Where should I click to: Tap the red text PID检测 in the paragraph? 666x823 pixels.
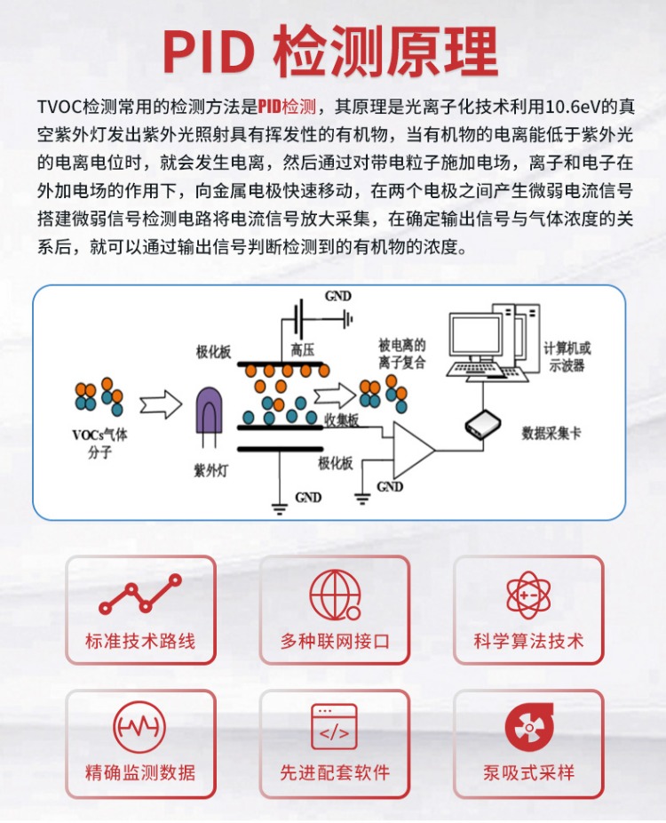click(x=286, y=107)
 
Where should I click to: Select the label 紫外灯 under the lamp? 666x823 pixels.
click(x=210, y=470)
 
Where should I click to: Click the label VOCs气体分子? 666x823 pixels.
click(x=99, y=443)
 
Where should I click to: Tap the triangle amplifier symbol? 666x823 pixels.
click(x=414, y=450)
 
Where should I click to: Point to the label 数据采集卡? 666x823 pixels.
click(x=551, y=433)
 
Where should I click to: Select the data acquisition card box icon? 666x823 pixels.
click(x=482, y=425)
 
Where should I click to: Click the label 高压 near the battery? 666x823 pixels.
click(x=303, y=349)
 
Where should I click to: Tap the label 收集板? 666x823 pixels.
click(x=342, y=419)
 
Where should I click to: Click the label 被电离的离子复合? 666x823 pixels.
click(x=401, y=353)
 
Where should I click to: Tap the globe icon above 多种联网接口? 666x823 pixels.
click(x=335, y=595)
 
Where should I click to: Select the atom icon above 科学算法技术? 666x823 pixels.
click(x=528, y=595)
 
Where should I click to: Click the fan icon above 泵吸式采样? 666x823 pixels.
click(x=529, y=728)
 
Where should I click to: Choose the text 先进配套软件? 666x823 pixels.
click(x=335, y=772)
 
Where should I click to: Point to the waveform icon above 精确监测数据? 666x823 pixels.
click(x=139, y=727)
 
